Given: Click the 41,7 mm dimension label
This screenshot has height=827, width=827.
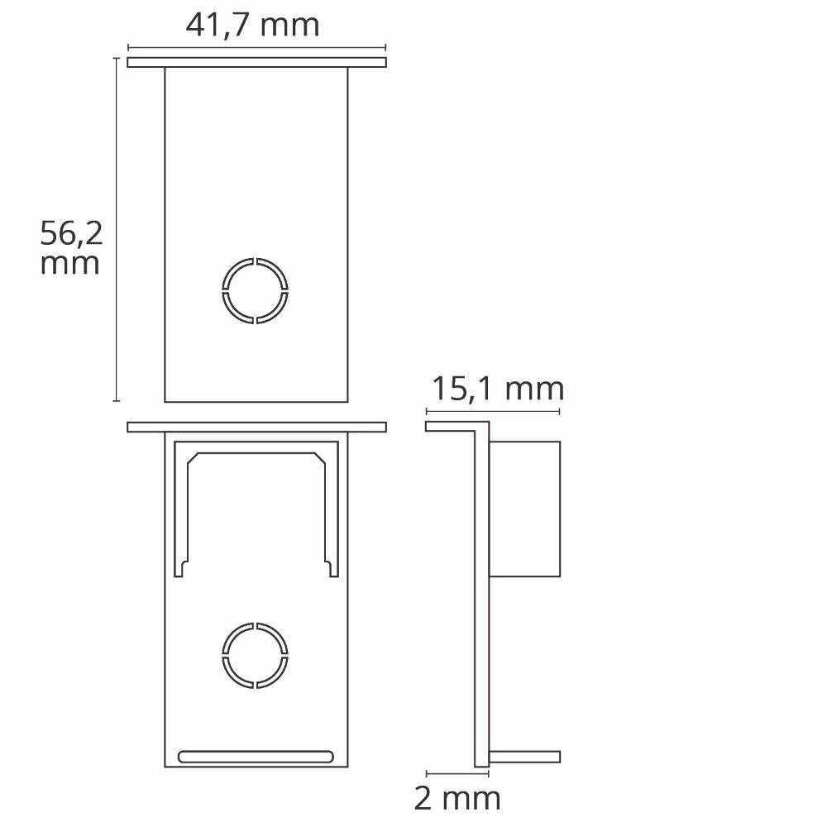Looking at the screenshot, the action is pyautogui.click(x=252, y=26).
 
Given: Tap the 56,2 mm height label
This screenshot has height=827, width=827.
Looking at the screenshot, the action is pyautogui.click(x=71, y=248).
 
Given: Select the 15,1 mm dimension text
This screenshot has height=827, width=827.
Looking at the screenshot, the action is pyautogui.click(x=498, y=389).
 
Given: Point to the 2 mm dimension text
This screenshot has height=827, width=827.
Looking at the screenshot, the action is pyautogui.click(x=457, y=798).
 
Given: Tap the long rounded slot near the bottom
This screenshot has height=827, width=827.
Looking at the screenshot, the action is pyautogui.click(x=256, y=757).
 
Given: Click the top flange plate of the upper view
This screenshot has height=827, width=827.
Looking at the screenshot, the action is pyautogui.click(x=257, y=62).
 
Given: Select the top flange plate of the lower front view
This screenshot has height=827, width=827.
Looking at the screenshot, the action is pyautogui.click(x=257, y=428).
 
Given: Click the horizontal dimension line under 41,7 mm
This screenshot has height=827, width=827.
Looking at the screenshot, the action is pyautogui.click(x=257, y=47).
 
